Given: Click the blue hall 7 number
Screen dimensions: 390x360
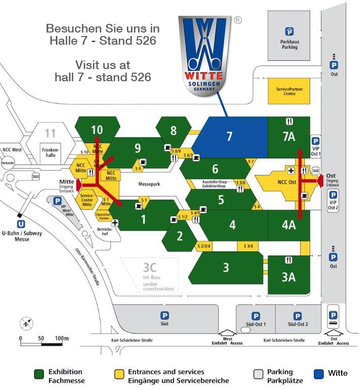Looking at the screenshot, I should coord(230,137).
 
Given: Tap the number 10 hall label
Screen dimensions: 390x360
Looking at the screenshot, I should coord(96,130).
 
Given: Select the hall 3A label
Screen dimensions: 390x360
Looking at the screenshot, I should coord(288,277).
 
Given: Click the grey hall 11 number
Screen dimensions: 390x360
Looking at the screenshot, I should coord(50,134).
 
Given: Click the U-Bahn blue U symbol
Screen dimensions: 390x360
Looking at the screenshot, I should coord(21,223).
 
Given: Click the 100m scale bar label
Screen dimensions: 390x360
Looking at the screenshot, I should coord(61,338).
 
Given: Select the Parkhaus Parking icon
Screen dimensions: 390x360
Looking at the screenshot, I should coord(289,31).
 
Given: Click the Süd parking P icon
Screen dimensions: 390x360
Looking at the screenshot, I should coord(165,315).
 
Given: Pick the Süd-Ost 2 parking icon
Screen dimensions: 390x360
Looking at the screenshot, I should coord(298,316).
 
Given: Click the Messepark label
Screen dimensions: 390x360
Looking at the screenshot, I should coord(149,184).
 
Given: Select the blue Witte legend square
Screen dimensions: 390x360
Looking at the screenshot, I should coord(319,374).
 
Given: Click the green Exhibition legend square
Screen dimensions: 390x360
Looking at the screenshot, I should coord(39,374).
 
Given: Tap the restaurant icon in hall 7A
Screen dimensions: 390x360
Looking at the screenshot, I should coord(289,121).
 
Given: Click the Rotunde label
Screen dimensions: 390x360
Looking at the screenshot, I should coord(8,162).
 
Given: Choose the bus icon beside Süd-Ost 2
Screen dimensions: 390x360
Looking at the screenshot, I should coord(333,322).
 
